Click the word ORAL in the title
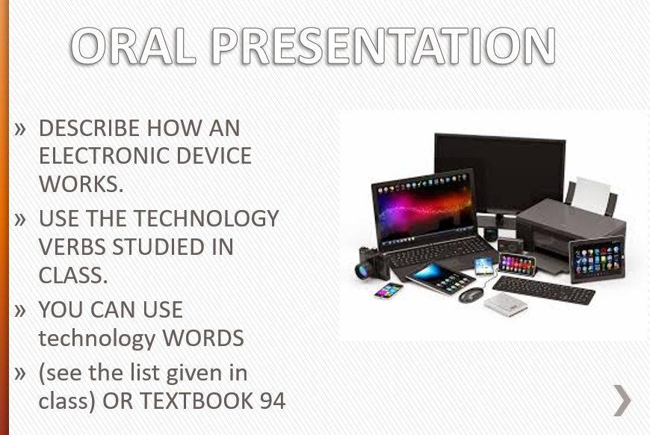[x=133, y=46]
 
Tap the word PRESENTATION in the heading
[x=383, y=46]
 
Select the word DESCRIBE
[x=89, y=128]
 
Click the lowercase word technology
[x=96, y=339]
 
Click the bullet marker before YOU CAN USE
[x=20, y=311]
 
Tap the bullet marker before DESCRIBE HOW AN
[x=20, y=129]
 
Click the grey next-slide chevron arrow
[x=622, y=400]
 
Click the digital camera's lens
[x=362, y=271]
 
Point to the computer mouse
[x=471, y=294]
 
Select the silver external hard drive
[x=506, y=304]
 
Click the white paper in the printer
[x=592, y=195]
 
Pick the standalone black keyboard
[x=543, y=289]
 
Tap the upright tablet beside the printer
[x=597, y=259]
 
